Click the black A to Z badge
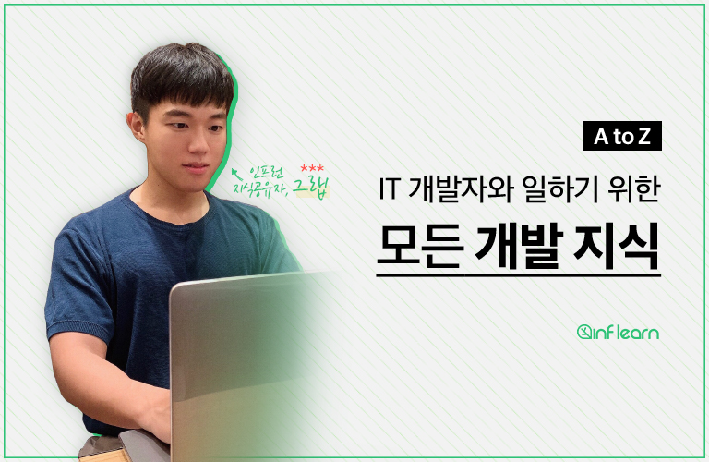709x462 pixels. pos(622,138)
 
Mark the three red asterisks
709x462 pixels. pos(312,166)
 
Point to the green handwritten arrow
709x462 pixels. pos(234,170)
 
